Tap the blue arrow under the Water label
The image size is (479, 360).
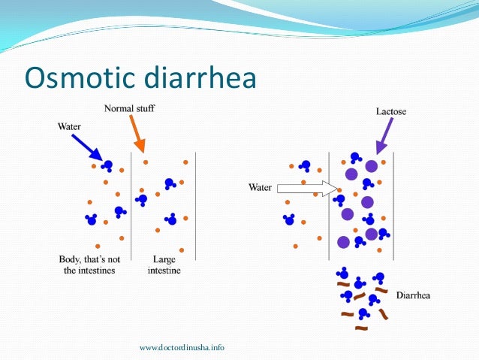coord(88,147)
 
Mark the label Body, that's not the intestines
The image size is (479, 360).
coord(87,265)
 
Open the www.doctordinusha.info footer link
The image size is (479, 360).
coord(182,347)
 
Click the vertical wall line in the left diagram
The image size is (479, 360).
coord(132,203)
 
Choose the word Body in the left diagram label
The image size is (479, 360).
coord(69,259)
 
